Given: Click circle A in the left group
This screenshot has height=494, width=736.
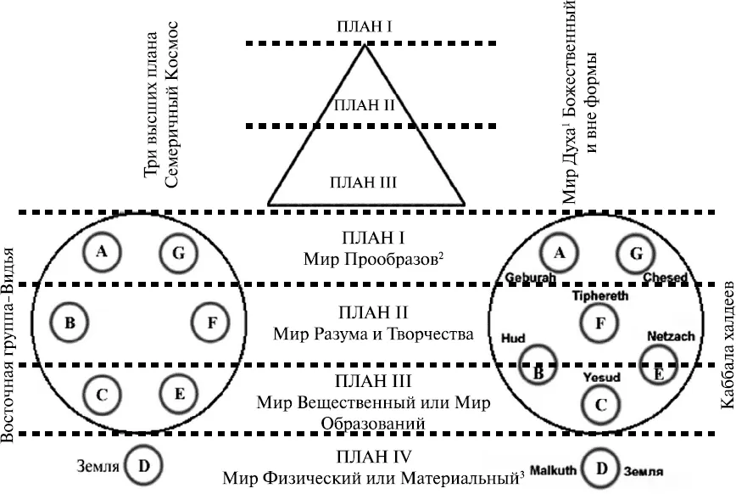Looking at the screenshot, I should pos(102,250).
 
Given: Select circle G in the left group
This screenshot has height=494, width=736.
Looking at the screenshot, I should pos(178,252).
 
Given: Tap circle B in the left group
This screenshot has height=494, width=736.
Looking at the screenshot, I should pos(70,323).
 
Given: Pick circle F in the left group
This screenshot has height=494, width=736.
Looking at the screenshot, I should pos(211,323).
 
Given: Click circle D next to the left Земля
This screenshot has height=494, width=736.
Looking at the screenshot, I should pos(143,465).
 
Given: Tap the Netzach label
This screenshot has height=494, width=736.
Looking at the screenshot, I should pos(671,336).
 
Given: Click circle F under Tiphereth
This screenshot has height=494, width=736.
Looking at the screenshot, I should pos(600,322).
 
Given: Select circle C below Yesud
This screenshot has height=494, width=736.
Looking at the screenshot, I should pos(600,403).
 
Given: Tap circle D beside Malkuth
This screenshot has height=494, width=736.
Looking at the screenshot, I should pos(601,468).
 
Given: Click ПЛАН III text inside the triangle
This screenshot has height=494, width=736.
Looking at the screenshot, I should pos(366,181).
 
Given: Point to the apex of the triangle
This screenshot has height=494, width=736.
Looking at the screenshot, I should pos(365,45).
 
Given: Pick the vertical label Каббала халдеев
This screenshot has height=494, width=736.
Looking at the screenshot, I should pos(726,347).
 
